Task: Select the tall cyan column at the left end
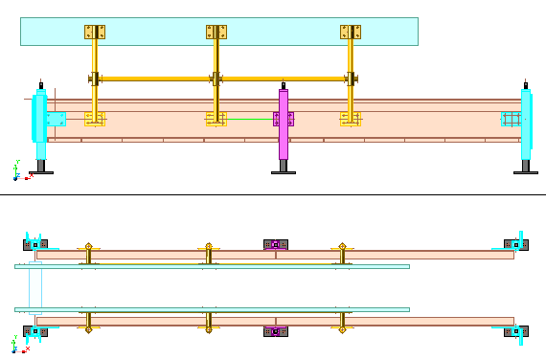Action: click(41, 129)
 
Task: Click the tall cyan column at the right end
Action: click(526, 129)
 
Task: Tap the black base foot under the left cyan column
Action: click(40, 170)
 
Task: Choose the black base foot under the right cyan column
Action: click(525, 170)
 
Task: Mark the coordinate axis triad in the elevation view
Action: click(15, 171)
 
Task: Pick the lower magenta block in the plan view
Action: click(275, 332)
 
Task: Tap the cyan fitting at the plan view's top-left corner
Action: click(35, 244)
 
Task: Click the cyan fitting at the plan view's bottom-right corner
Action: click(515, 331)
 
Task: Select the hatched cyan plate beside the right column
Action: click(511, 119)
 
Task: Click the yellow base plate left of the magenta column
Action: click(216, 120)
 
